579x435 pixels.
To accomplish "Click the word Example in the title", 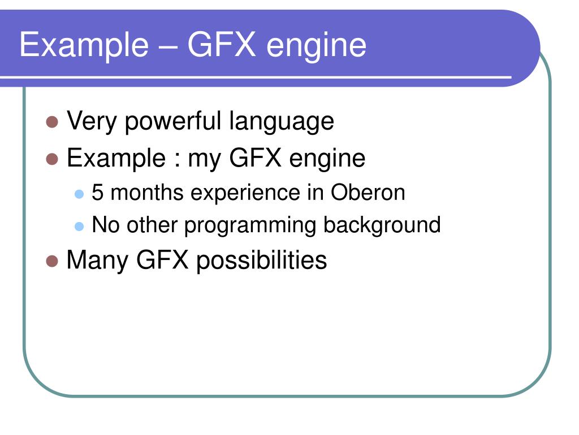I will pyautogui.click(x=83, y=45).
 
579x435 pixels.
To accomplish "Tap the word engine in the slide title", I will pyautogui.click(x=317, y=45).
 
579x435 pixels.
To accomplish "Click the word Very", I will pyautogui.click(x=91, y=121).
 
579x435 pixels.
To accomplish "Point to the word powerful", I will pyautogui.click(x=174, y=121).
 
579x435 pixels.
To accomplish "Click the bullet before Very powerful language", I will pyautogui.click(x=53, y=122).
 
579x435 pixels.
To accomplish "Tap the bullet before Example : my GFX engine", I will pyautogui.click(x=53, y=159).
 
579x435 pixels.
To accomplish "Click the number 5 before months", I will pyautogui.click(x=98, y=193).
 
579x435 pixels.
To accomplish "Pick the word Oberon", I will pyautogui.click(x=368, y=193).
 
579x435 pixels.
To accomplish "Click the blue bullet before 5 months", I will pyautogui.click(x=79, y=194).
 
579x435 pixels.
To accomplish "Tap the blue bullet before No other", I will pyautogui.click(x=79, y=226).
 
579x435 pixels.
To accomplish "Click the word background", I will pyautogui.click(x=382, y=225).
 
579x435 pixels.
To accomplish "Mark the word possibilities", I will pyautogui.click(x=261, y=261).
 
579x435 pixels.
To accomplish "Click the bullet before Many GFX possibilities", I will pyautogui.click(x=53, y=261).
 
